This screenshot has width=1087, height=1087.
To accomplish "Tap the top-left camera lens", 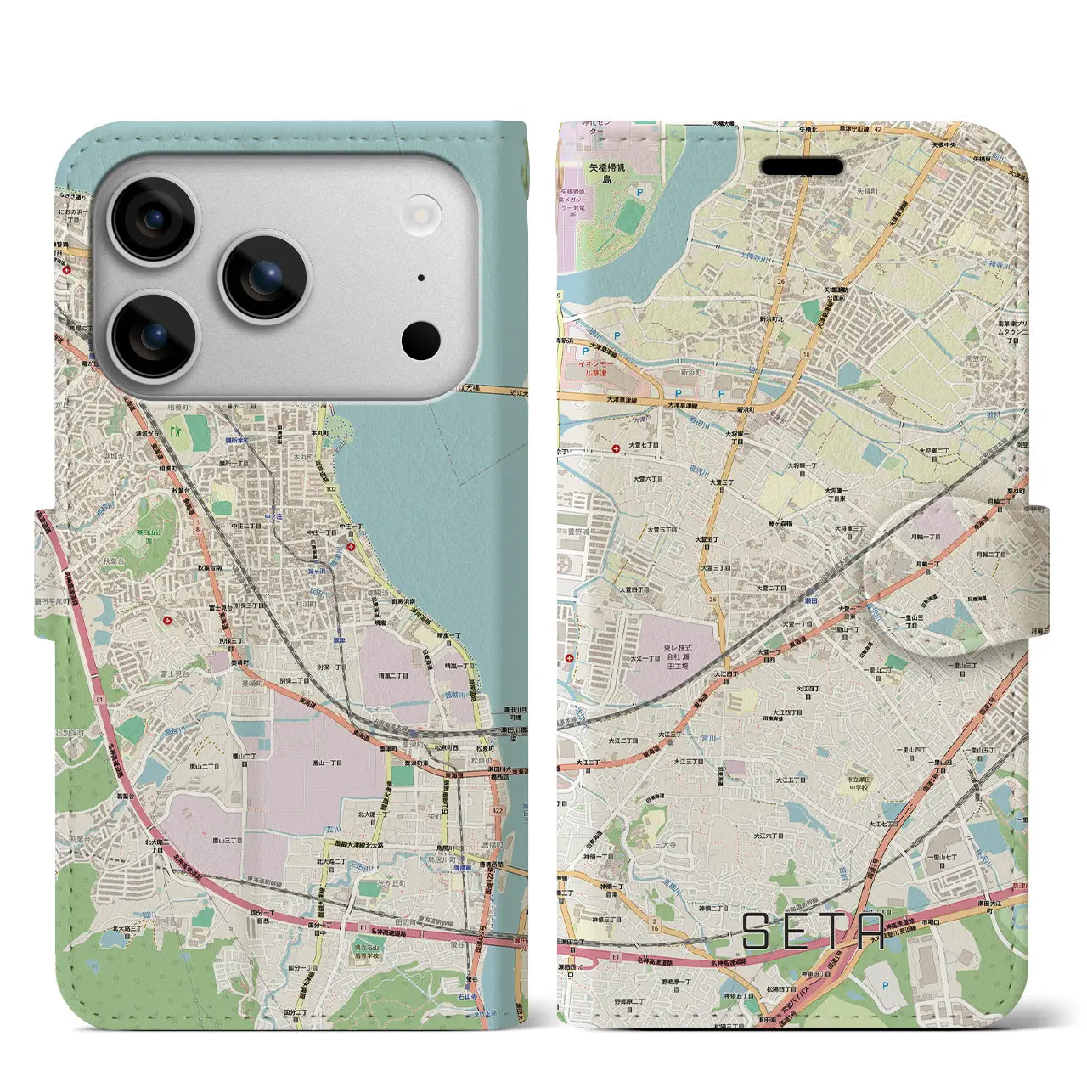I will click(153, 221).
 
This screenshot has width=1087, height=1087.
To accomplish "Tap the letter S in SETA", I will click(758, 932).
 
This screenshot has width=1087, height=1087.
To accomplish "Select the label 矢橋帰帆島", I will click(595, 175).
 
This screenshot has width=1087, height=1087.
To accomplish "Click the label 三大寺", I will click(665, 845).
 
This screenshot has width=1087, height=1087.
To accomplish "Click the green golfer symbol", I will click(177, 431).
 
